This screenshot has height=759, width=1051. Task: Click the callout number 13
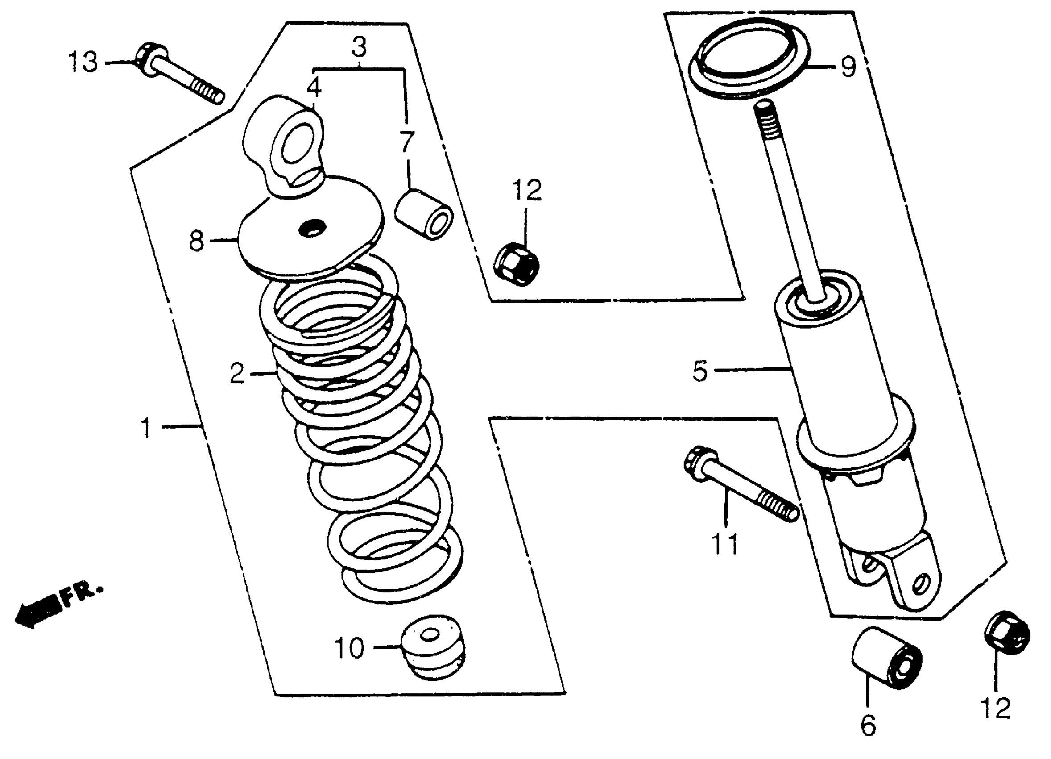(x=83, y=62)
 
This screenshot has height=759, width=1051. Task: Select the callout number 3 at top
(x=359, y=46)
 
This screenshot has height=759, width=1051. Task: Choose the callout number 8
(x=196, y=241)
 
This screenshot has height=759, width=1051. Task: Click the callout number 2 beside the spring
(x=237, y=373)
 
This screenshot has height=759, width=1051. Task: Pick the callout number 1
(x=146, y=427)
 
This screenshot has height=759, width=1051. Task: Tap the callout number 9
(x=848, y=67)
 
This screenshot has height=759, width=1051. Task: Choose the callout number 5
(x=700, y=371)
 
